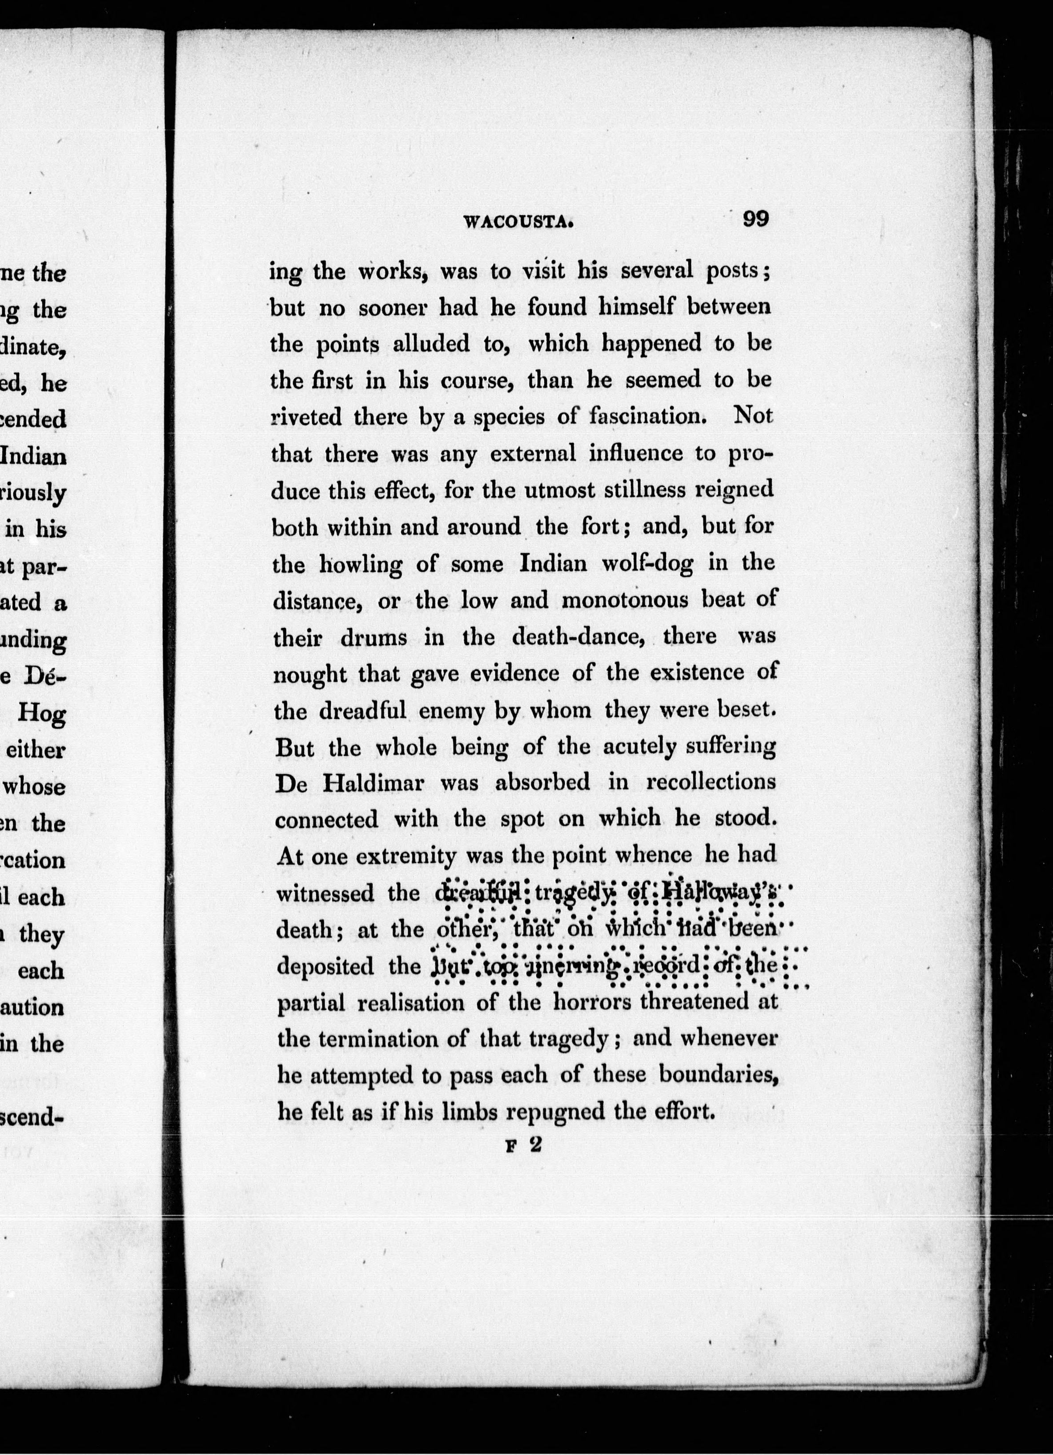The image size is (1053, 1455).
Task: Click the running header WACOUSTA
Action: click(518, 222)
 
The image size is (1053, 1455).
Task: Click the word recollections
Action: click(711, 783)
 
